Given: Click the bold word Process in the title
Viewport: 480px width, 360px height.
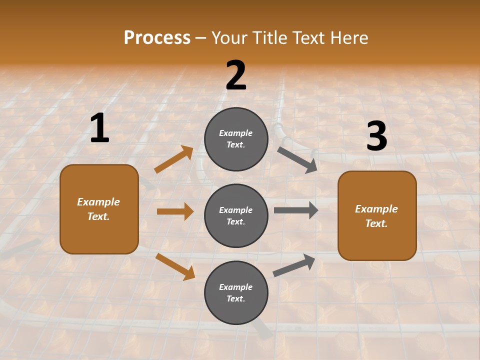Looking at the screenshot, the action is [157, 37].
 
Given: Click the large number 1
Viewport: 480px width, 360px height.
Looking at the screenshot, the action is [99, 128].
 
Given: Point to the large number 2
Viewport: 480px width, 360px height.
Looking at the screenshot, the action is [236, 75].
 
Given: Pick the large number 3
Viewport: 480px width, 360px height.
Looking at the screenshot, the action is [376, 136].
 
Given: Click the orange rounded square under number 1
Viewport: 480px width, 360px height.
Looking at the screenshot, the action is [99, 209].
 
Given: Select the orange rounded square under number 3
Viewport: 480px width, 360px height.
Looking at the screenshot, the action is [377, 215].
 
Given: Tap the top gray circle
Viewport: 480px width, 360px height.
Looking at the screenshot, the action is [236, 139].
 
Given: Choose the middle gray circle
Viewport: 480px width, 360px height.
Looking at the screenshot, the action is [236, 215].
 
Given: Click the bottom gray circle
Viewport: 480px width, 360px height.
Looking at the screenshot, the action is [236, 292].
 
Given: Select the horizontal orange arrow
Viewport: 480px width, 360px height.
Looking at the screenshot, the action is [175, 211].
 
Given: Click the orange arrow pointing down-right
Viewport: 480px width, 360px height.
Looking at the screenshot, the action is [175, 266].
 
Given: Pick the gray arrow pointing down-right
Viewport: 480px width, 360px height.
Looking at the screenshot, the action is [297, 159].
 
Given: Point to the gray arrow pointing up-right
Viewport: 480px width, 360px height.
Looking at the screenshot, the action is [294, 265].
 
